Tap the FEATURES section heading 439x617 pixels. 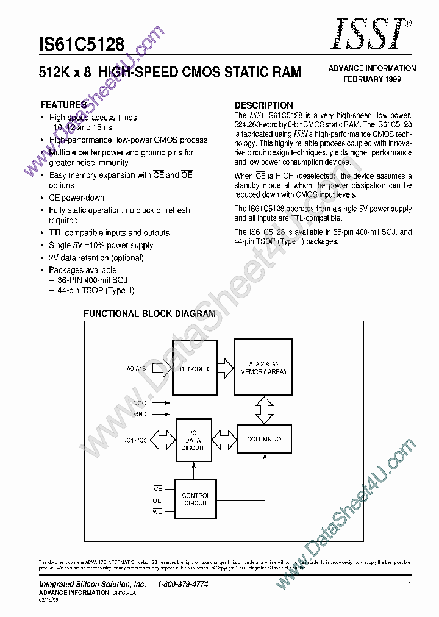tap(63, 104)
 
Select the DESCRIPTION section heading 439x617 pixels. tap(263, 105)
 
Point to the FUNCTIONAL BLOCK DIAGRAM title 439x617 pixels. tap(149, 314)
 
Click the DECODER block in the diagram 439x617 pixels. tap(195, 369)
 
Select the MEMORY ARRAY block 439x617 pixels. tap(263, 369)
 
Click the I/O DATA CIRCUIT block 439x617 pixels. tap(193, 440)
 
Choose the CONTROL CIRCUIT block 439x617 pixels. tap(195, 499)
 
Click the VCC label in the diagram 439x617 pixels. tap(141, 402)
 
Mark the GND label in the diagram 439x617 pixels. tap(141, 414)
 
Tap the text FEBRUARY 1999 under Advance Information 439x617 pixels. tap(372, 79)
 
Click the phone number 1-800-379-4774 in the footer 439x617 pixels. tap(174, 584)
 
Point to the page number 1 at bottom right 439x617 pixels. tap(410, 584)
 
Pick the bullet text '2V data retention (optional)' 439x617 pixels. tap(96, 258)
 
